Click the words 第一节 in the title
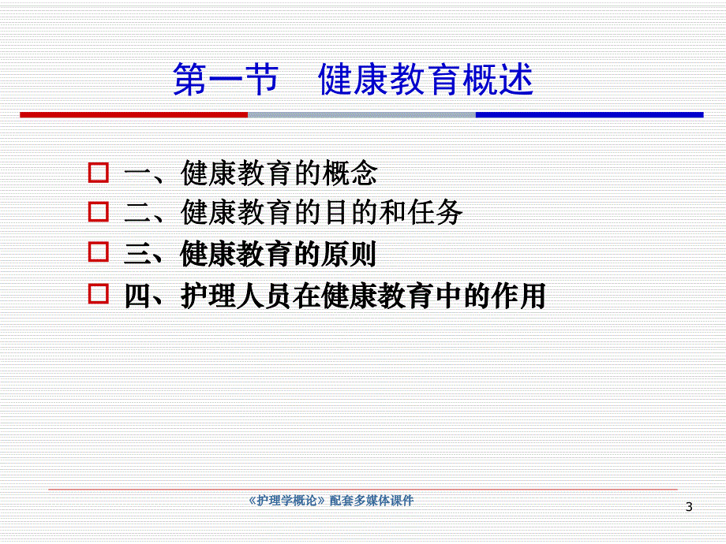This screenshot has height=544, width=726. [225, 80]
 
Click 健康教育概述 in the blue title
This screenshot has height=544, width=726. [426, 80]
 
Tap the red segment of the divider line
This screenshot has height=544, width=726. [134, 115]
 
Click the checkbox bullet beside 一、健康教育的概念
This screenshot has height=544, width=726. [98, 172]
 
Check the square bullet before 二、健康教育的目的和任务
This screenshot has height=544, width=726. [98, 212]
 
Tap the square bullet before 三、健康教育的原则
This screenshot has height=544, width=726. [98, 253]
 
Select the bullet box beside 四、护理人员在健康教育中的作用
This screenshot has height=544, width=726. [98, 295]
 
